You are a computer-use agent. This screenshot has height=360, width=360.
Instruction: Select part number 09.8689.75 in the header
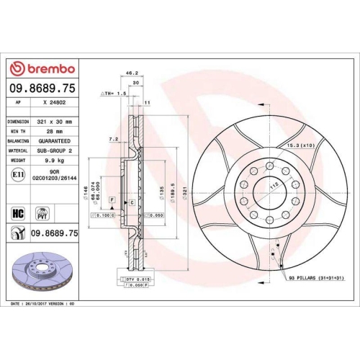42,89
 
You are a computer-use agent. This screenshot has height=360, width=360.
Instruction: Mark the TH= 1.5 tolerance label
114,94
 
